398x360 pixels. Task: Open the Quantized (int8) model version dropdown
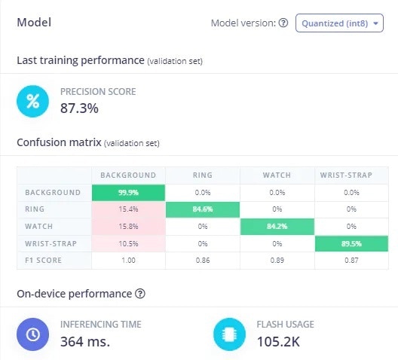coord(339,23)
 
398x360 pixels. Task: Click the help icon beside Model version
coord(283,23)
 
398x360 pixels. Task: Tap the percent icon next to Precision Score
coord(32,102)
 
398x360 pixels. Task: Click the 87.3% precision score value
coord(79,108)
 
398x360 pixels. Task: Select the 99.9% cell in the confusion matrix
coord(128,193)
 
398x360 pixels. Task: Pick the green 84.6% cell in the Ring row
coord(203,209)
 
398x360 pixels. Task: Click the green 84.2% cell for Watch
coord(277,227)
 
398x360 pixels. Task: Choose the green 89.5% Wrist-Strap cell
coord(351,243)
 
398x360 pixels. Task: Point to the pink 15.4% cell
coord(128,209)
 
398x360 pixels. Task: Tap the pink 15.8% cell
coord(128,227)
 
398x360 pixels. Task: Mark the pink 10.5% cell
coord(128,243)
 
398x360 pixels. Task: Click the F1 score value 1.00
coord(128,261)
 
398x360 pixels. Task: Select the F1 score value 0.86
coord(203,261)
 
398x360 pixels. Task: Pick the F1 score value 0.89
coord(277,261)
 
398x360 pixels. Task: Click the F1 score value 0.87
coord(351,261)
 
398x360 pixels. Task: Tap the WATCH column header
coord(277,175)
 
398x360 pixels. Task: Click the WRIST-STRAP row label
coord(51,243)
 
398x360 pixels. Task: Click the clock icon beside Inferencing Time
coord(32,334)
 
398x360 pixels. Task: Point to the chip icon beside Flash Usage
coord(229,334)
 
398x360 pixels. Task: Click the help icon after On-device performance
coord(140,294)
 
